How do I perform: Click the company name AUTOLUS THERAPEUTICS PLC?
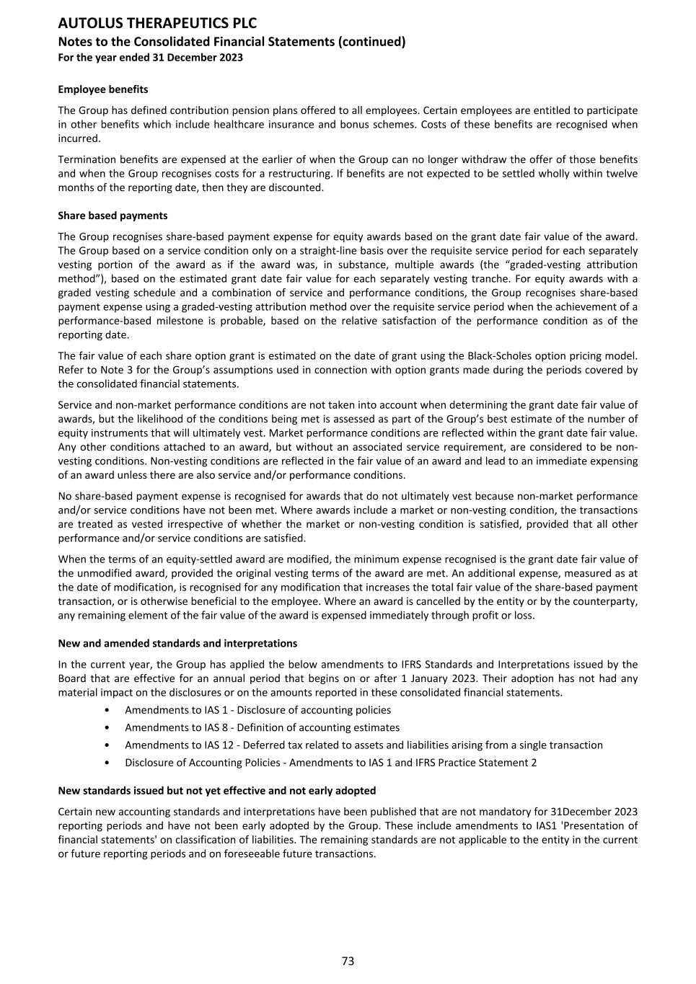point(157,23)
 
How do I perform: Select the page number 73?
point(348,961)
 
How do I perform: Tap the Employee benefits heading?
point(103,89)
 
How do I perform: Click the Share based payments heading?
point(113,216)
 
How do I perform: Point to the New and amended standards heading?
point(177,643)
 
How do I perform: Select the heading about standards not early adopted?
point(216,791)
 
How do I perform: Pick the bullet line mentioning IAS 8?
point(262,727)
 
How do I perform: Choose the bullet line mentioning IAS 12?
point(364,745)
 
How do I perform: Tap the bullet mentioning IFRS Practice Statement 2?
point(330,763)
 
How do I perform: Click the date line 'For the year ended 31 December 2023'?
point(150,58)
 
